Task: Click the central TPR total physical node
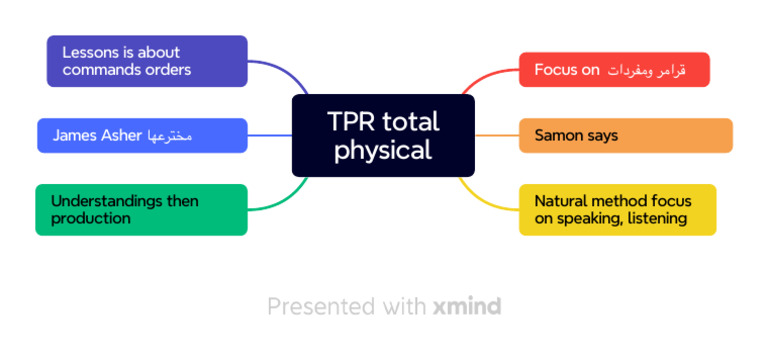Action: click(383, 135)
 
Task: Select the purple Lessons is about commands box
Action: click(147, 61)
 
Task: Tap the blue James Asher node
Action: click(141, 135)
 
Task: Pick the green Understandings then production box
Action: click(141, 209)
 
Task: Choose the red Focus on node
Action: click(614, 70)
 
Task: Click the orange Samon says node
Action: click(625, 135)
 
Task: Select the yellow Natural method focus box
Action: click(617, 209)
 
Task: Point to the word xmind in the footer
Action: click(467, 306)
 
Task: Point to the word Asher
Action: click(120, 135)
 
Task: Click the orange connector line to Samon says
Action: click(496, 135)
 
